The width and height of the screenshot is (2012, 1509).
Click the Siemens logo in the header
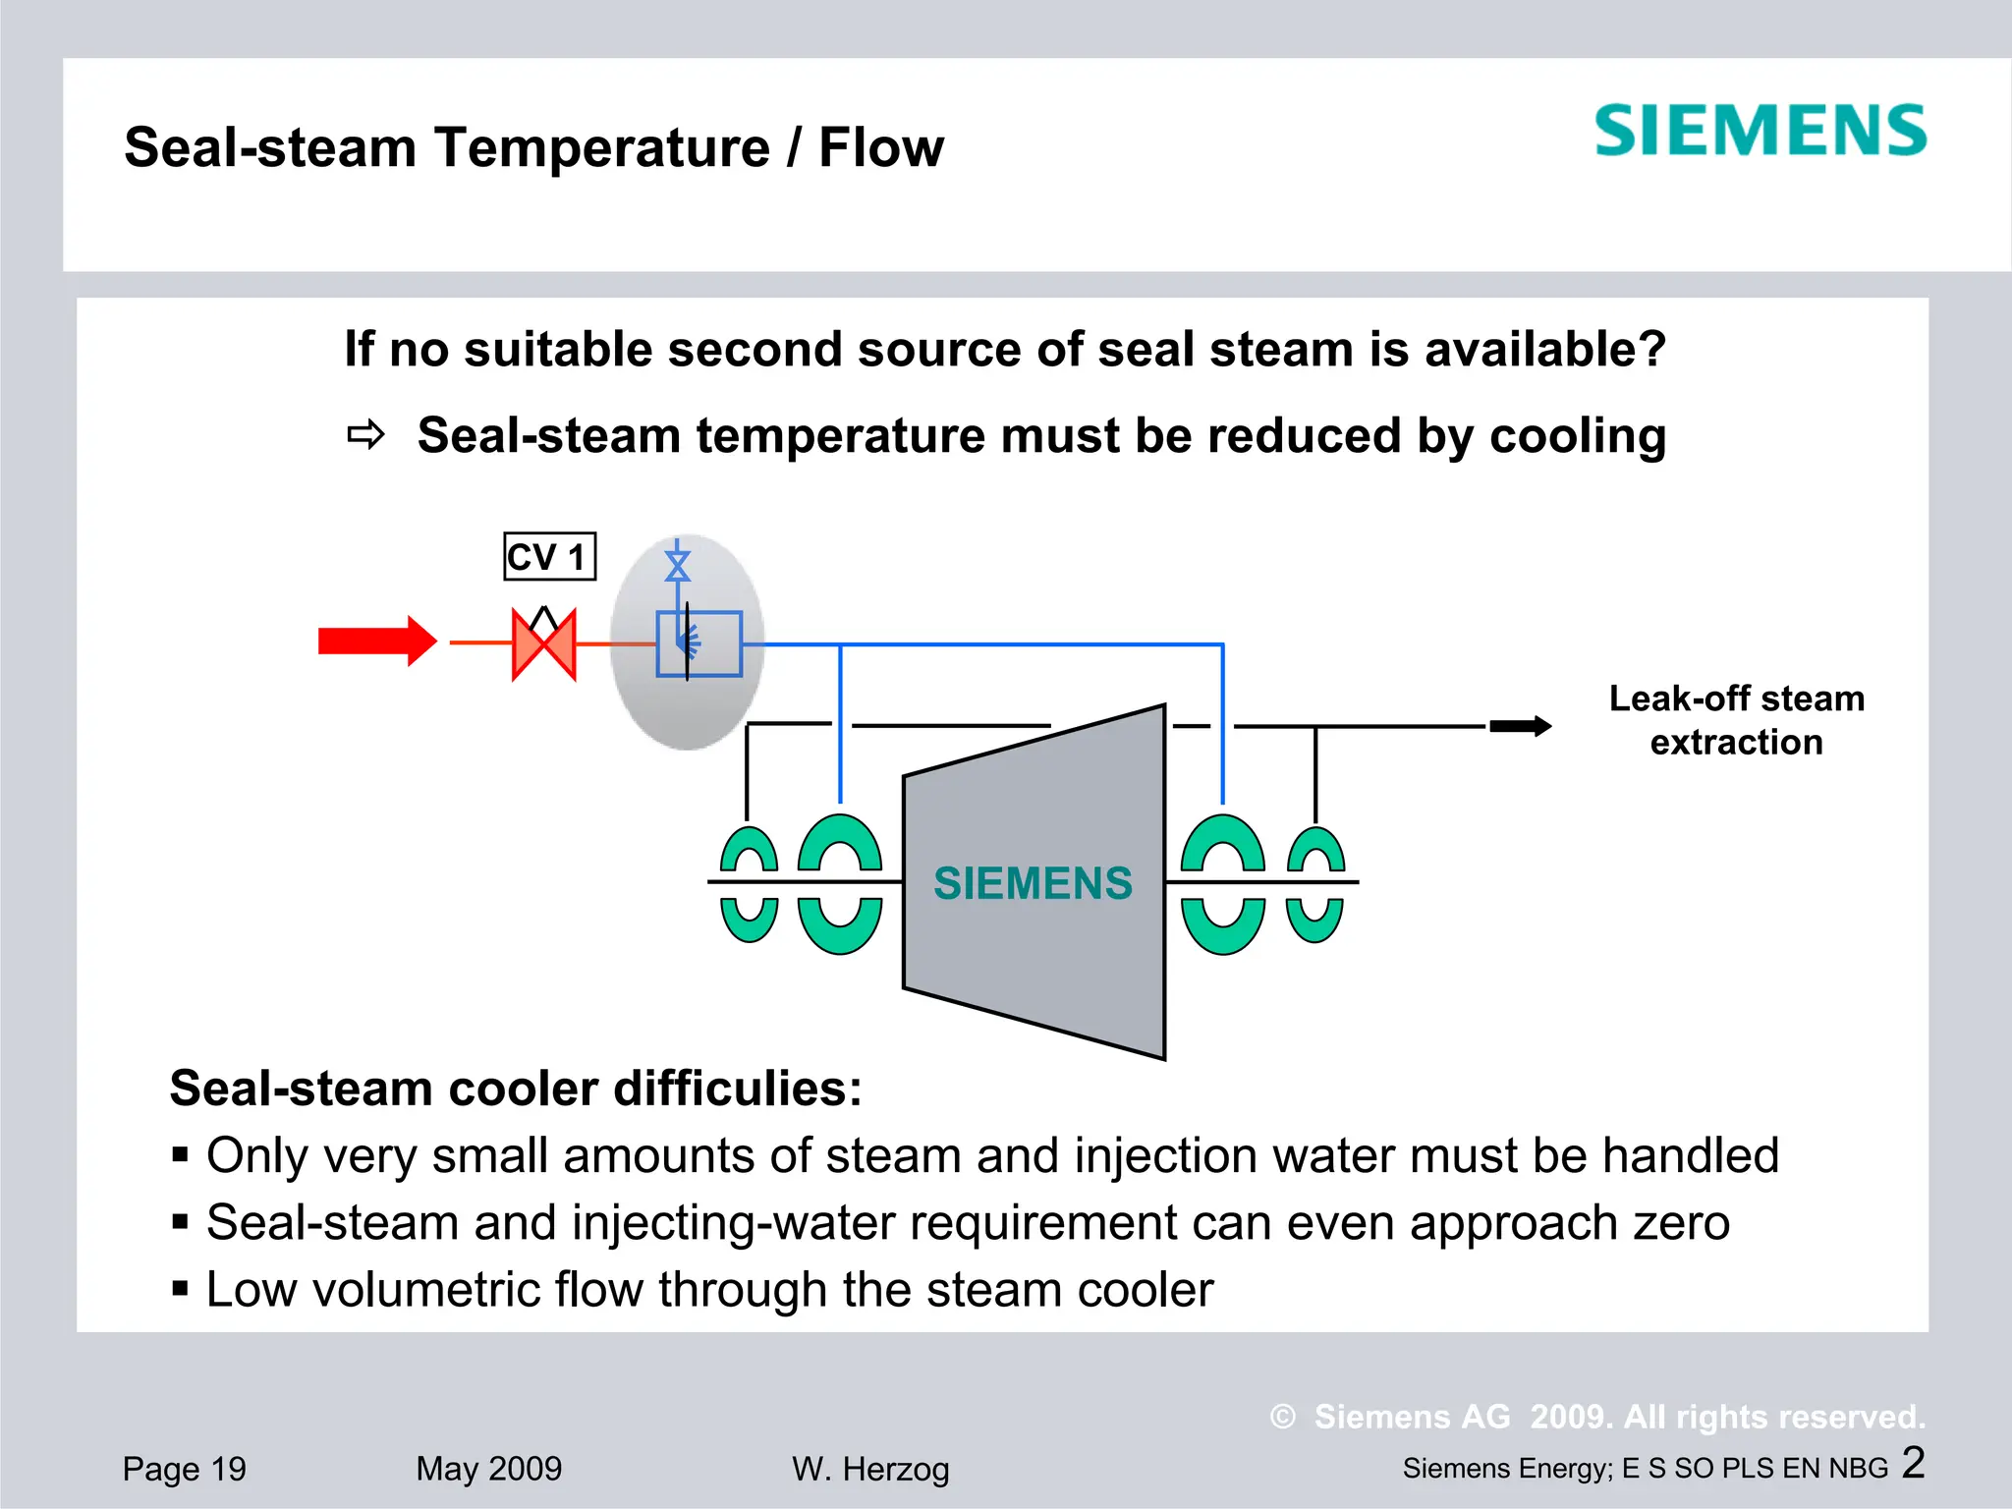[1760, 132]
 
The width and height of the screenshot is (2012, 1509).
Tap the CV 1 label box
[549, 557]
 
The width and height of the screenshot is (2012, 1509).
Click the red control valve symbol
[544, 643]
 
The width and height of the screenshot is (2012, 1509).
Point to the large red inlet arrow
[377, 642]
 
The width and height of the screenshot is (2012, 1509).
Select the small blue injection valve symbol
[677, 566]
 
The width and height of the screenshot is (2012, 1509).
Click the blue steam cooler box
[699, 643]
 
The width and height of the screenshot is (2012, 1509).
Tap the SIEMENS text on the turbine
[1033, 883]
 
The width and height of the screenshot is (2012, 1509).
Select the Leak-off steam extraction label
[1736, 720]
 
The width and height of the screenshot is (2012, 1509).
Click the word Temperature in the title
[602, 148]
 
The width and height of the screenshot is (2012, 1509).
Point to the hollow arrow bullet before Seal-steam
[366, 434]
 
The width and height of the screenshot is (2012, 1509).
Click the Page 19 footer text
[185, 1469]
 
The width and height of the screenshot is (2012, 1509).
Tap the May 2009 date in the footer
[488, 1469]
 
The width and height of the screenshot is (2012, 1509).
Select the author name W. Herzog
[870, 1470]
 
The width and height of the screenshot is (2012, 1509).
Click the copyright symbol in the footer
[1282, 1417]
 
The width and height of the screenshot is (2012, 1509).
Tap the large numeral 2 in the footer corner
[1913, 1462]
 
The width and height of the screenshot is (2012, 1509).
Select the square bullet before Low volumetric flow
[180, 1288]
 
